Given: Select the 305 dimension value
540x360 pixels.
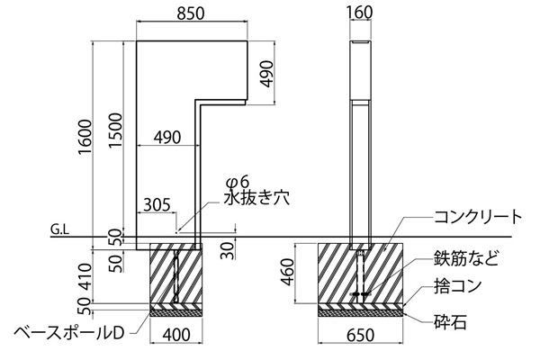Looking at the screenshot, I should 156,203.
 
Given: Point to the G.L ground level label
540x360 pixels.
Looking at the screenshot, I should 60,230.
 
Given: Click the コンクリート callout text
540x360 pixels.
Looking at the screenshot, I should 478,216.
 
